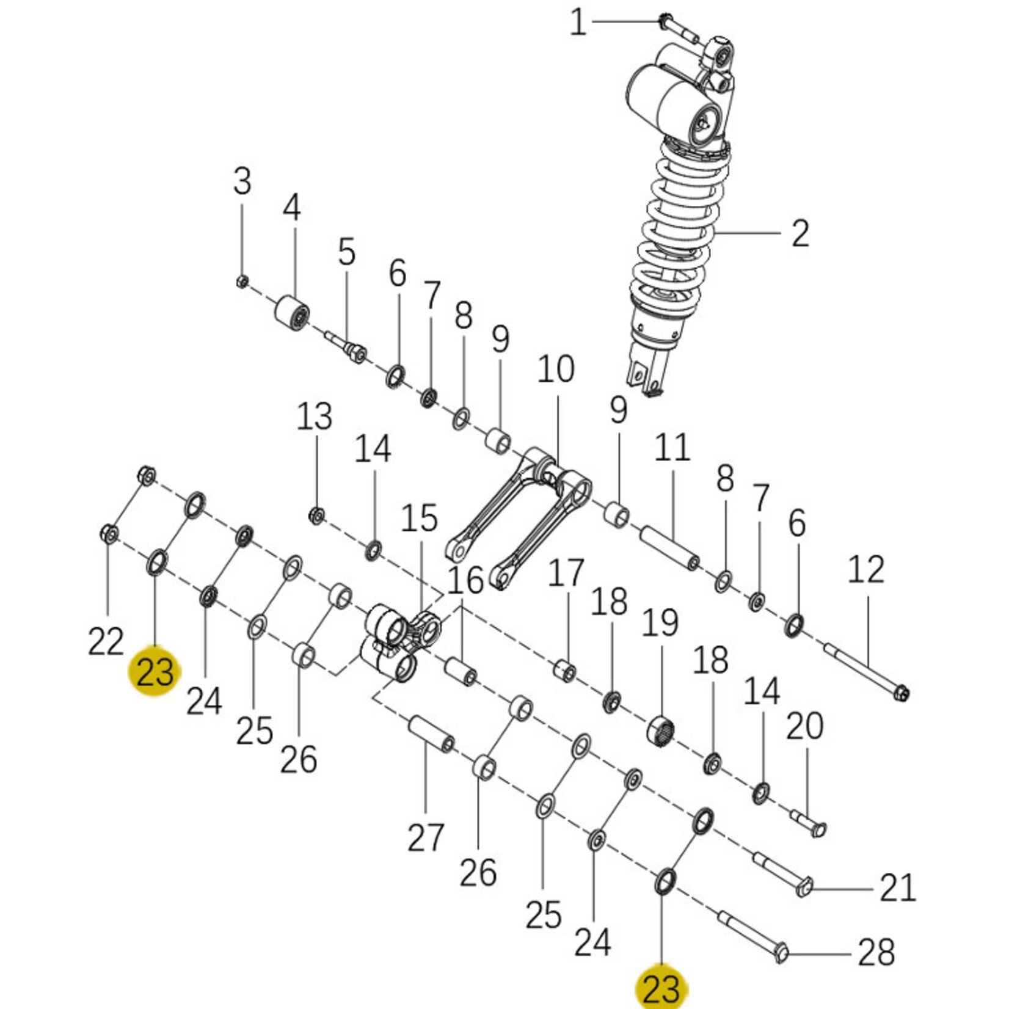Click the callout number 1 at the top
(578, 23)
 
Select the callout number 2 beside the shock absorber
(800, 234)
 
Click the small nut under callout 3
(241, 282)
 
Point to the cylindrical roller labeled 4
(292, 313)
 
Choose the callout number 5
(347, 252)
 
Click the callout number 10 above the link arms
(556, 370)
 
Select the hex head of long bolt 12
(900, 693)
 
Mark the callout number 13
(315, 417)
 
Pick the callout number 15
(420, 518)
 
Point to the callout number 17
(566, 574)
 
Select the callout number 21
(898, 888)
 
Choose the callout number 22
(106, 641)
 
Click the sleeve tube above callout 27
(431, 734)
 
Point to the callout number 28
(876, 952)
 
